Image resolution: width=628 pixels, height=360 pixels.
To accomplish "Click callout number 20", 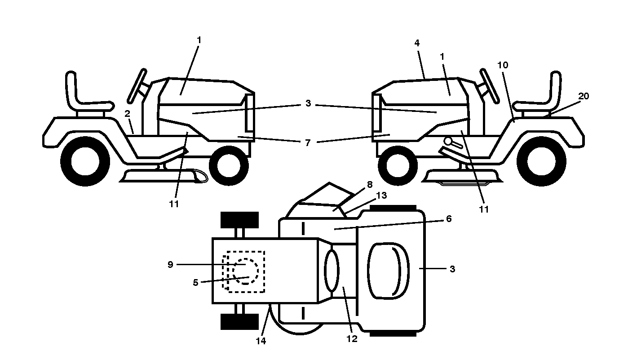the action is pyautogui.click(x=584, y=96).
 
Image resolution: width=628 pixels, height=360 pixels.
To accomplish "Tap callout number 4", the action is pyautogui.click(x=417, y=43).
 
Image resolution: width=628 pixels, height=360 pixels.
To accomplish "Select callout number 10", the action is pyautogui.click(x=503, y=65).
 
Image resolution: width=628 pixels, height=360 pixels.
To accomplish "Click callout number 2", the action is pyautogui.click(x=127, y=114).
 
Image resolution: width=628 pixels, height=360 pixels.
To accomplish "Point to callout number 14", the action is pyautogui.click(x=261, y=341).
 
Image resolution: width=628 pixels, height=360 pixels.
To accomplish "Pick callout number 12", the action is pyautogui.click(x=352, y=339).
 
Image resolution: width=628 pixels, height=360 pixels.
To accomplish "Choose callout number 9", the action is pyautogui.click(x=170, y=265).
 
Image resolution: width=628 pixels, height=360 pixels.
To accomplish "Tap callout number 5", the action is pyautogui.click(x=196, y=283).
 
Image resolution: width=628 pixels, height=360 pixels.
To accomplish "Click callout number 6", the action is pyautogui.click(x=449, y=218).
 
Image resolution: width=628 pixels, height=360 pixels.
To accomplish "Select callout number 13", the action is pyautogui.click(x=381, y=195).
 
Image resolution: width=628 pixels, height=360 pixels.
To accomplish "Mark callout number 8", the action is pyautogui.click(x=370, y=184).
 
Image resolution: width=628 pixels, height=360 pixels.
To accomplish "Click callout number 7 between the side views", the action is pyautogui.click(x=308, y=143).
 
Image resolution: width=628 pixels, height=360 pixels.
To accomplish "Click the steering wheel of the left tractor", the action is pyautogui.click(x=137, y=86).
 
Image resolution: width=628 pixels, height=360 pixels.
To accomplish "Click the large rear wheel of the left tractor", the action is pyautogui.click(x=85, y=162).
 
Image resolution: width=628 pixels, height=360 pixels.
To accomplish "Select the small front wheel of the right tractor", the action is pyautogui.click(x=398, y=166).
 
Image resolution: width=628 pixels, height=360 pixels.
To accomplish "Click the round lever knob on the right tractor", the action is pyautogui.click(x=448, y=141).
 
